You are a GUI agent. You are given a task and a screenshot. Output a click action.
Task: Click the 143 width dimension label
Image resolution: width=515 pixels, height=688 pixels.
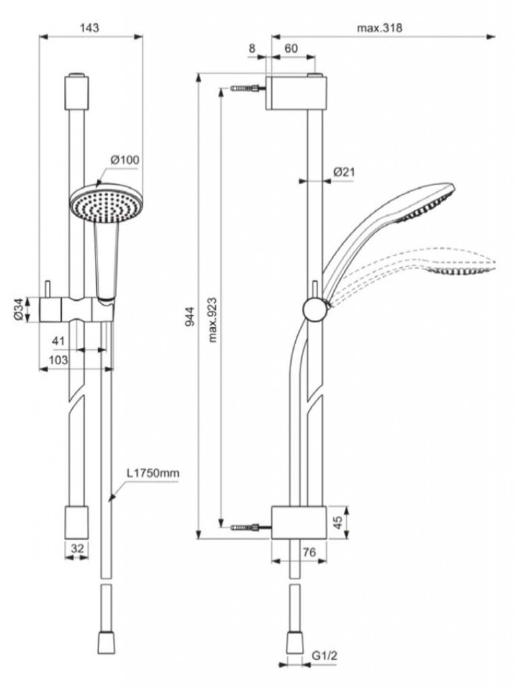89,27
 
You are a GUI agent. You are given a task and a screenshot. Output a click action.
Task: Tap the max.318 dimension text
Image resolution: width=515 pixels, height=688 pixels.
379,28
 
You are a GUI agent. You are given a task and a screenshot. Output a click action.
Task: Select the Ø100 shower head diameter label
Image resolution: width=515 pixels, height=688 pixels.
124,160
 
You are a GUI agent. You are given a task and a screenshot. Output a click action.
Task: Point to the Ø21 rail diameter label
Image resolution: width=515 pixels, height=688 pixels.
344,172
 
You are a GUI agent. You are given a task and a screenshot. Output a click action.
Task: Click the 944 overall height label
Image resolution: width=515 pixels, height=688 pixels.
190,316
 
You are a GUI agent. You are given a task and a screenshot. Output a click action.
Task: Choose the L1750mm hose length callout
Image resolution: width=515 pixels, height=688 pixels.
153,474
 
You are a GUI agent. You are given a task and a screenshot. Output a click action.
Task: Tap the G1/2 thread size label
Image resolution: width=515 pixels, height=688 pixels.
325,656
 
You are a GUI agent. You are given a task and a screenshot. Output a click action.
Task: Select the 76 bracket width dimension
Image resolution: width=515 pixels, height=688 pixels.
309,552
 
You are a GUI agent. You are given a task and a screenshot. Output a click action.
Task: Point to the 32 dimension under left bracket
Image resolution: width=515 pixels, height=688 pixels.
77,548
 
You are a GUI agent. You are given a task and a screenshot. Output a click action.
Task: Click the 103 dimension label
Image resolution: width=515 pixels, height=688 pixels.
58,360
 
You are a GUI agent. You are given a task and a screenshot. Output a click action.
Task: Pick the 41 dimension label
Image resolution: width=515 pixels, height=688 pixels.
58,341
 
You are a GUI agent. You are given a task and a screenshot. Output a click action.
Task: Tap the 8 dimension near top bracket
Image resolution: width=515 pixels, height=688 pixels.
252,48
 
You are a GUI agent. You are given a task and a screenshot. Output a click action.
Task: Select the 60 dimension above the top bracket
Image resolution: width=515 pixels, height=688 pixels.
292,48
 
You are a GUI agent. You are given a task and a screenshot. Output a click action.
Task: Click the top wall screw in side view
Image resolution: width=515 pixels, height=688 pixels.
247,89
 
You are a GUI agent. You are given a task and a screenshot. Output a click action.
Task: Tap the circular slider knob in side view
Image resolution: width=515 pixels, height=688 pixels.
315,309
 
